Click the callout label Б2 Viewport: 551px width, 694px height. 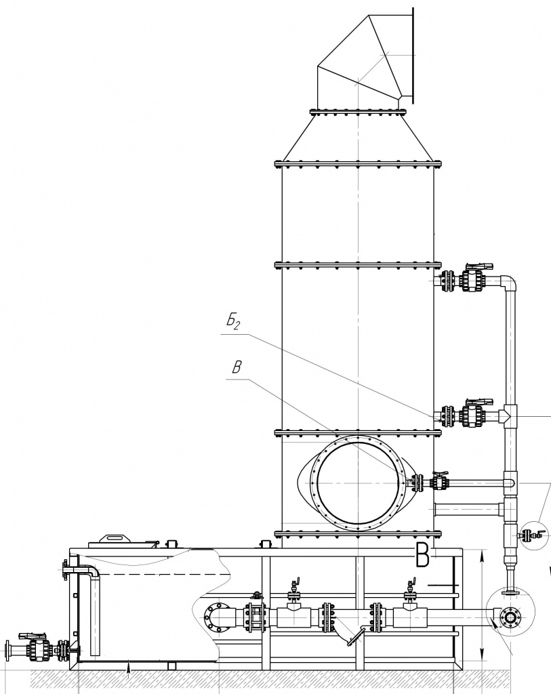(x=232, y=322)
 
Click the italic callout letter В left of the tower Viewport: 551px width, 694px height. (x=237, y=368)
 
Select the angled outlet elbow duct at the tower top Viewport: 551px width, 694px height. (x=365, y=61)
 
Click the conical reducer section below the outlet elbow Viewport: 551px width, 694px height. (x=357, y=137)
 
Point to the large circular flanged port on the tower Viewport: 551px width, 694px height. (x=357, y=483)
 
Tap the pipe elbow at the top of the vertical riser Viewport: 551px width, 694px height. (x=509, y=283)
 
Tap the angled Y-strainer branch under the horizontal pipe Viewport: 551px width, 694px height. (x=350, y=634)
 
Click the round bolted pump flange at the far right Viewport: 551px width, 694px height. (x=510, y=617)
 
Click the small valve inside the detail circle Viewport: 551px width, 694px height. (x=529, y=535)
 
